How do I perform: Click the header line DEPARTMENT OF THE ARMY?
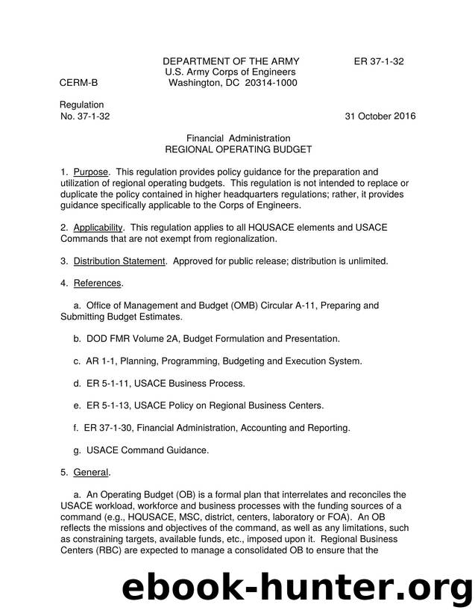[231, 61]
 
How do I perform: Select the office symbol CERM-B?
[78, 83]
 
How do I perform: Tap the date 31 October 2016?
[380, 116]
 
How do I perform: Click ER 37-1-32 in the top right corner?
[379, 61]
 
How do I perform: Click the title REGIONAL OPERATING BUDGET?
[238, 149]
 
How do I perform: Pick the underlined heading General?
[92, 473]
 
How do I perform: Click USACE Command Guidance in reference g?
[148, 450]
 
